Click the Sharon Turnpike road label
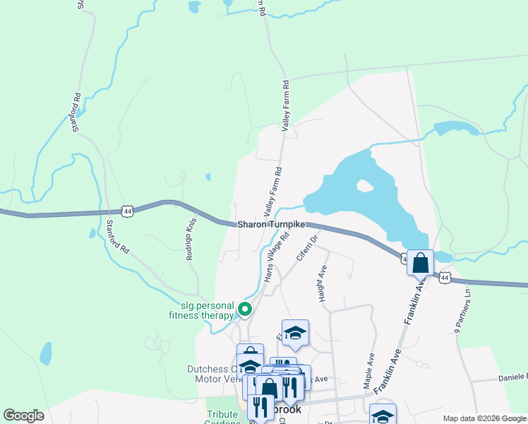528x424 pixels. point(271,224)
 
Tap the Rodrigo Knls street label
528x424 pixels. point(190,239)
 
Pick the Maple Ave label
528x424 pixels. point(368,370)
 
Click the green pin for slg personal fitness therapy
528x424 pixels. point(245,309)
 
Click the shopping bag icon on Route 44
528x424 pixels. point(420,263)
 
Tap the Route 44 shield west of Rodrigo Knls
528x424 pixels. point(127,211)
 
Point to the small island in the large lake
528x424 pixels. point(365,187)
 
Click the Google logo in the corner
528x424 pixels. point(23,416)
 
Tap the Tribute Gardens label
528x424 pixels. point(223,418)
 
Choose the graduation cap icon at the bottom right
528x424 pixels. point(383,416)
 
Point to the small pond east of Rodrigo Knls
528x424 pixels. point(208,177)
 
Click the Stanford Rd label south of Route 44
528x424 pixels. point(118,237)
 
